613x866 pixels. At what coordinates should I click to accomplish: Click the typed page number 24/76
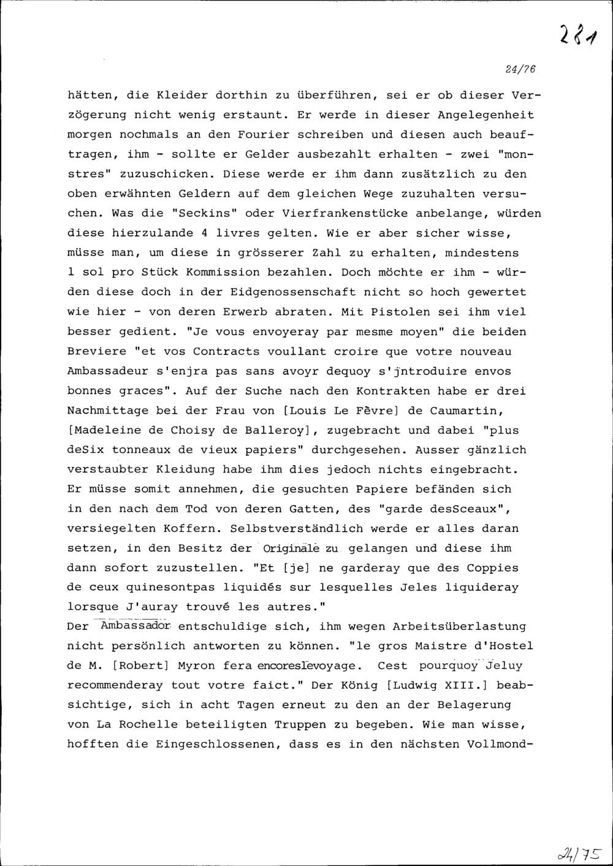point(521,70)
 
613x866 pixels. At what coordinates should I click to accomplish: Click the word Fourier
point(259,135)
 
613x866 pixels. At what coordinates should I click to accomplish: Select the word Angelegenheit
point(485,115)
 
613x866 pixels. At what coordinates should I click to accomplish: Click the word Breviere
point(97,352)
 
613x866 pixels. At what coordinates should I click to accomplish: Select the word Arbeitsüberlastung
point(459,627)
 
